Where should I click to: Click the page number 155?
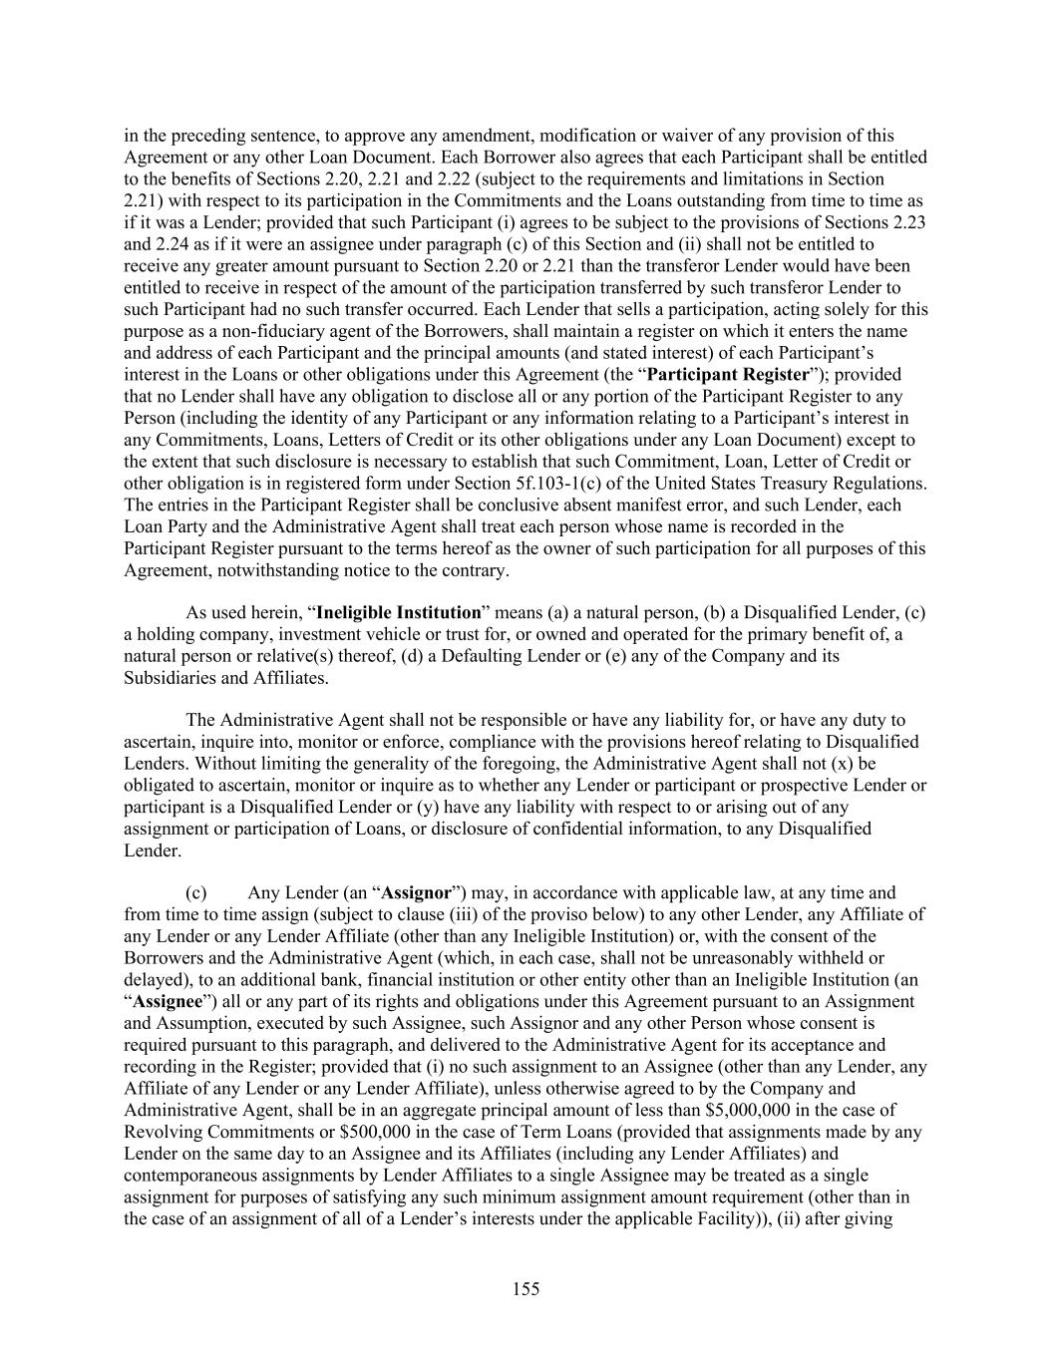526,1289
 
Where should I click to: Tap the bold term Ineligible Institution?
398,611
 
